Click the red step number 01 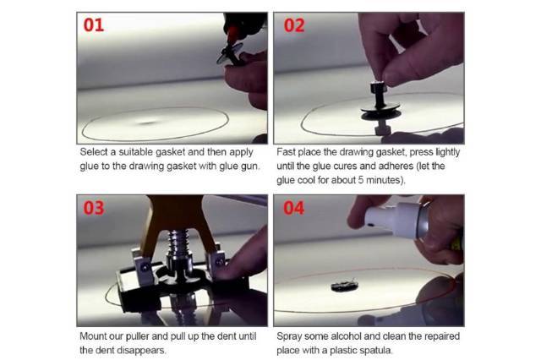tap(94, 25)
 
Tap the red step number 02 tap(294, 25)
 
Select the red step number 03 tap(94, 208)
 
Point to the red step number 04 tap(294, 208)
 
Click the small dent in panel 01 tap(148, 122)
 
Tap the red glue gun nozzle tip tap(232, 35)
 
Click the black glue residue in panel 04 tap(344, 286)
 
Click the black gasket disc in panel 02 tap(380, 111)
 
